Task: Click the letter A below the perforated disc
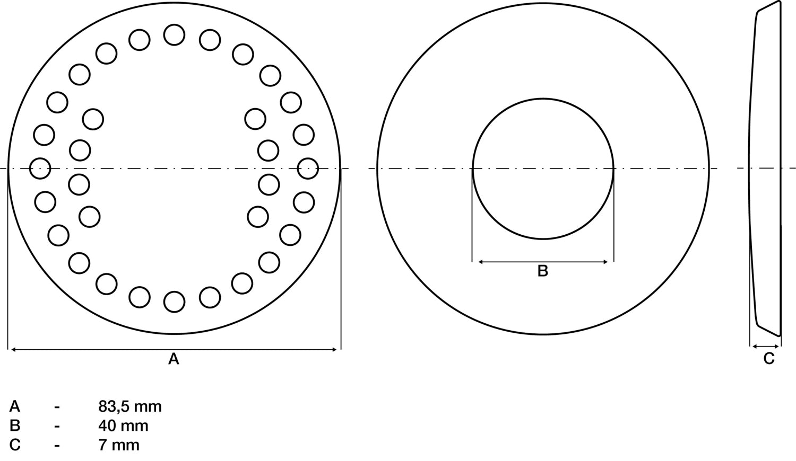coord(174,359)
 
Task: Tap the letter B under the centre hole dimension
coord(542,271)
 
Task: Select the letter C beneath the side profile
coord(769,359)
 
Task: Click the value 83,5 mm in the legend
coord(130,406)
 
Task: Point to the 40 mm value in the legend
coord(123,425)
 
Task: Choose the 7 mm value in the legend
coord(119,445)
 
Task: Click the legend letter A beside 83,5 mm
coord(15,406)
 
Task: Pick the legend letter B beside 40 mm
coord(15,425)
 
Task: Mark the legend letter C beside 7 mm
coord(15,445)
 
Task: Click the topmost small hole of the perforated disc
coord(174,35)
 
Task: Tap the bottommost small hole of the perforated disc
coord(174,302)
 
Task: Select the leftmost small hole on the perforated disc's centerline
coord(40,169)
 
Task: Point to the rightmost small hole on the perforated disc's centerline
coord(308,169)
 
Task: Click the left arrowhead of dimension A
coord(13,349)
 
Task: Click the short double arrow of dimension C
coord(765,347)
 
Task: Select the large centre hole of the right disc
coord(543,169)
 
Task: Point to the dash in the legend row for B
coord(57,426)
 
